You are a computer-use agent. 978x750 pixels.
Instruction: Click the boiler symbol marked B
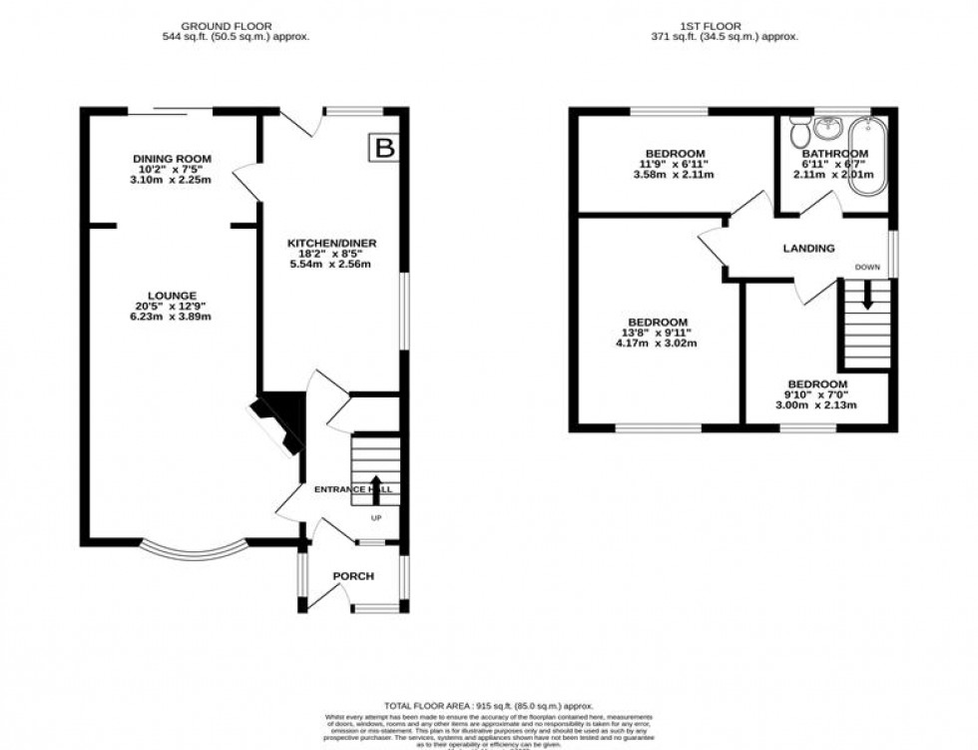(x=383, y=149)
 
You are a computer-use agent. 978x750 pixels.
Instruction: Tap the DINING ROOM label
(x=172, y=159)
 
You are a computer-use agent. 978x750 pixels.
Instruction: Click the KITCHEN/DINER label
(x=331, y=244)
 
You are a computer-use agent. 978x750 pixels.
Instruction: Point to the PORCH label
(x=353, y=576)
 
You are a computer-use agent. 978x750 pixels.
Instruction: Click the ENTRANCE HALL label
(x=353, y=489)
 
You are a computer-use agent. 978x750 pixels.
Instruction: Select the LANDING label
(x=808, y=249)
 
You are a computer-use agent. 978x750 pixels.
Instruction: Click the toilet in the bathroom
(x=798, y=133)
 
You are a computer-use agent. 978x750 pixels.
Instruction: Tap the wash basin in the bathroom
(x=826, y=129)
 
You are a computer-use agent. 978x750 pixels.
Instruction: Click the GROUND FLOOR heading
(x=236, y=25)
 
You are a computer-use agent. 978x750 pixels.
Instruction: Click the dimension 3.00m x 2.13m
(x=817, y=405)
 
